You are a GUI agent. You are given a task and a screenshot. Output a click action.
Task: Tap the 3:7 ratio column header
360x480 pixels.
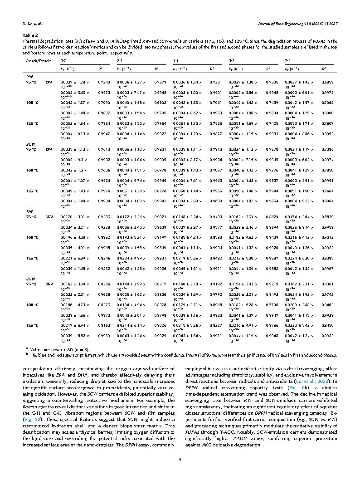[63, 60]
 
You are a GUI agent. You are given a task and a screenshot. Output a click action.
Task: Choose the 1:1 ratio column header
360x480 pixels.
[175, 60]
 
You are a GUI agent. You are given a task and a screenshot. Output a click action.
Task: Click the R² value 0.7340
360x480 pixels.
[104, 82]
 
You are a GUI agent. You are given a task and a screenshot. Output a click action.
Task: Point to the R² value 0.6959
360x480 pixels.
[327, 82]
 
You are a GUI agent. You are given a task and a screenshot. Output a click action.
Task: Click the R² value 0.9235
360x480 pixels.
[104, 217]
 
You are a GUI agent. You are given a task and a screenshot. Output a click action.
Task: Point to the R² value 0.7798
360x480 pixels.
[272, 305]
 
